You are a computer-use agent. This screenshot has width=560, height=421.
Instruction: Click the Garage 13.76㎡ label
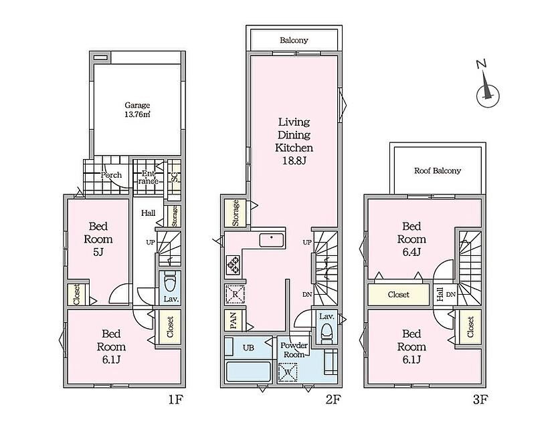click(137, 110)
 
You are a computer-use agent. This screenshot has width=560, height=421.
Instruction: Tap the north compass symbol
click(487, 89)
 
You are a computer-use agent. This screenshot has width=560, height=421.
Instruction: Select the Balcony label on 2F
click(294, 40)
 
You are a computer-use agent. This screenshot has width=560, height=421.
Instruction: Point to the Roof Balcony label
click(438, 170)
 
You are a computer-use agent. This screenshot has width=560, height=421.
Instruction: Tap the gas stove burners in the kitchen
click(234, 265)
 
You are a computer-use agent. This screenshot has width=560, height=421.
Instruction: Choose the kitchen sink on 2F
click(272, 240)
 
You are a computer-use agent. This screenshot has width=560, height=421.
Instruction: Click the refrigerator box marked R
click(235, 294)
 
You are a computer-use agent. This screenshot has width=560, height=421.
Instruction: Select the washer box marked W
click(288, 372)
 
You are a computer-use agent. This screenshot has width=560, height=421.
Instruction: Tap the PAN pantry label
click(234, 320)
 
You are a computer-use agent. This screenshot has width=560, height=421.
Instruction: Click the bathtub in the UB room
click(248, 372)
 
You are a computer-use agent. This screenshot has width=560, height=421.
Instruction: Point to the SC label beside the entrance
click(175, 176)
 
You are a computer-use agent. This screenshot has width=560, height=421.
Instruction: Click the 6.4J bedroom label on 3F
click(411, 239)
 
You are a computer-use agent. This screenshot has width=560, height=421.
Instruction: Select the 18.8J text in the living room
click(294, 160)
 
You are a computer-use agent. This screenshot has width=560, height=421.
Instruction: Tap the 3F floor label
click(480, 400)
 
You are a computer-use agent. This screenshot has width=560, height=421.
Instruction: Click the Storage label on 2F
click(236, 213)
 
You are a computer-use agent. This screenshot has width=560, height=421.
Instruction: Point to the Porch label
click(111, 175)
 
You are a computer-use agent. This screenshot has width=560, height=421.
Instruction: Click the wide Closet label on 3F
click(399, 295)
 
